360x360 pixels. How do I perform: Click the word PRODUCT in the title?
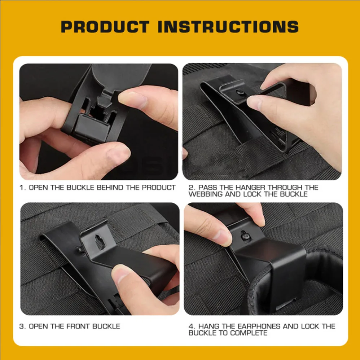(x=105, y=27)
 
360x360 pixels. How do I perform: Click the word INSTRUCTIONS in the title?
(x=228, y=27)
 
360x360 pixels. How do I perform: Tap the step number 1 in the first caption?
(x=22, y=188)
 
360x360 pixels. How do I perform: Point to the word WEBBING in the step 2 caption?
(x=206, y=194)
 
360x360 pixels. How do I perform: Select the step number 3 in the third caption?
(x=22, y=326)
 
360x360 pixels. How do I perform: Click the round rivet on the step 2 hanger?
(x=240, y=92)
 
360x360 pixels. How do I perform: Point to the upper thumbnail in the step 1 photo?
(x=133, y=100)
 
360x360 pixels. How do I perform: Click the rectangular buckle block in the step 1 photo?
(x=92, y=127)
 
